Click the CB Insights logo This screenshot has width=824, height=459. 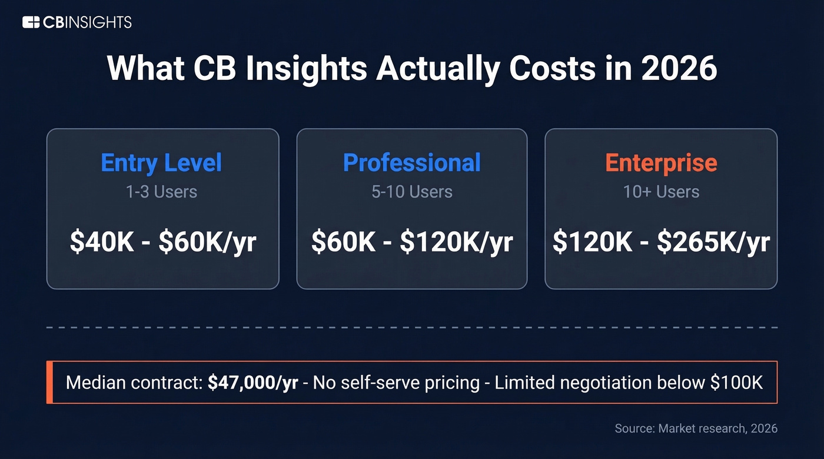point(77,23)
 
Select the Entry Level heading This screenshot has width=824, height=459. point(161,163)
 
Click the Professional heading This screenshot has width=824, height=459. point(412,163)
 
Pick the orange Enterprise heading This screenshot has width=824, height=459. point(661,163)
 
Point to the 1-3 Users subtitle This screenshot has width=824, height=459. point(161,192)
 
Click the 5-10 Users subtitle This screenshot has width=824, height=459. point(412,192)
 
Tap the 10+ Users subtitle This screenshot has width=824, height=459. point(661,192)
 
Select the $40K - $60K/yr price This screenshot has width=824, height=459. point(162,242)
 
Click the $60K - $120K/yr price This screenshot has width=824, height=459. point(412,242)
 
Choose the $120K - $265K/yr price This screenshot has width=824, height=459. point(661,242)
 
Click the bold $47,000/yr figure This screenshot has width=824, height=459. point(252,383)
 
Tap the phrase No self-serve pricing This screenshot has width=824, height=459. point(396,383)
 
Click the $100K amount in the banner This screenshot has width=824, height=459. point(736,383)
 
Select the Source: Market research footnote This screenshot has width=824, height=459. point(696,428)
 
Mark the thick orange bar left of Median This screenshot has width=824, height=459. point(49,383)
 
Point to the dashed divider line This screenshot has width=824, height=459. point(412,327)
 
